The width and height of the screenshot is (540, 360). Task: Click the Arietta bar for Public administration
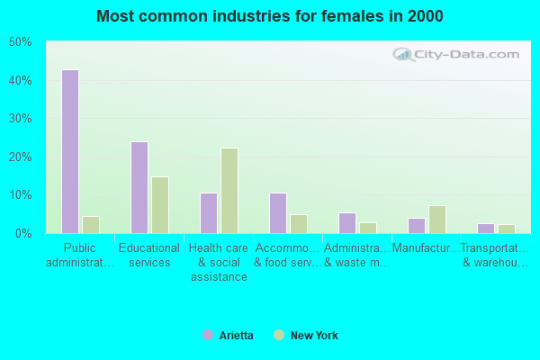pos(70,151)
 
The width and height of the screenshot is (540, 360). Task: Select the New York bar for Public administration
pos(91,224)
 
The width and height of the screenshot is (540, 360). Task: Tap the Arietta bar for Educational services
pos(139,187)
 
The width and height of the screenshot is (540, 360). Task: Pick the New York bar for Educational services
pos(160,204)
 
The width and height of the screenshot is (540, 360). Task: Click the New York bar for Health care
pos(229,191)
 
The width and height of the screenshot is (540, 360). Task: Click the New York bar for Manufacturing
pos(437,219)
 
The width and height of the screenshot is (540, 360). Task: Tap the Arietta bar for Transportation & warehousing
pos(486,228)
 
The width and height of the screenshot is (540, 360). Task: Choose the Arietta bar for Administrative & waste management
pos(347,222)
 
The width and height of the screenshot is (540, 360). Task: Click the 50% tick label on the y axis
pos(21,42)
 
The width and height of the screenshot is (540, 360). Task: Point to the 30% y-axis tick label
pos(21,119)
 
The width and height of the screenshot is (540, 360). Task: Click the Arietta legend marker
pos(208,336)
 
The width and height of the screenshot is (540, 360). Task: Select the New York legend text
pos(314,336)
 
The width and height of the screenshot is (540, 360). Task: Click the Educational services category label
pos(149,255)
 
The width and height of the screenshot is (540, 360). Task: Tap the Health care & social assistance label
pos(219,262)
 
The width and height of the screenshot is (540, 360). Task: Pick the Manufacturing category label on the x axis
pos(426,247)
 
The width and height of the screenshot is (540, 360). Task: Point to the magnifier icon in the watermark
pos(402,54)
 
